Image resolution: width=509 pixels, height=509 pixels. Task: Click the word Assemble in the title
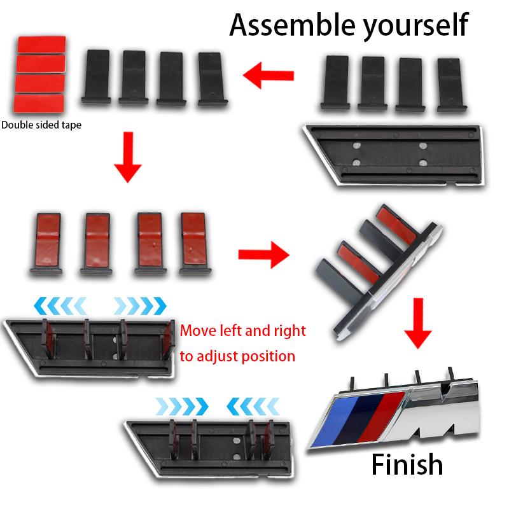tap(282, 25)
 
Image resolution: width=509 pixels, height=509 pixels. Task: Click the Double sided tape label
tap(41, 125)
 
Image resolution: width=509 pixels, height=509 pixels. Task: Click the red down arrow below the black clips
tap(128, 157)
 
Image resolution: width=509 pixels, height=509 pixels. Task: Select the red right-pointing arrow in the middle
tap(263, 254)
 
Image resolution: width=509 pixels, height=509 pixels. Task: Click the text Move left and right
tap(242, 331)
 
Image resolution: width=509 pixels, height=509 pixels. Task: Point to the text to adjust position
tap(237, 356)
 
